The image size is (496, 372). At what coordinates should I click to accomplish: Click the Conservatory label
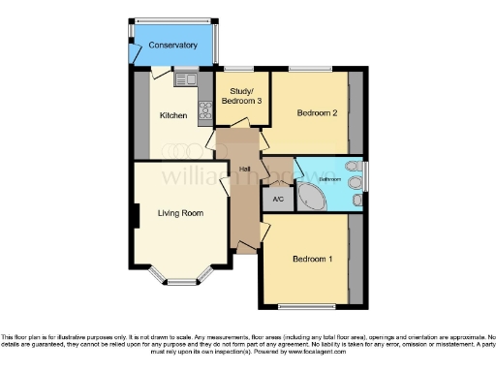tap(173, 46)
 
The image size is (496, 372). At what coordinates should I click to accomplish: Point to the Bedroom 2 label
tap(316, 113)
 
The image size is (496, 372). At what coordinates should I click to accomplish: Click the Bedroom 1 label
tap(311, 259)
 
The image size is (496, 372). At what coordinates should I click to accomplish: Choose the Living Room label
tap(180, 212)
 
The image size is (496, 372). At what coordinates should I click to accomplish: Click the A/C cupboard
tap(277, 200)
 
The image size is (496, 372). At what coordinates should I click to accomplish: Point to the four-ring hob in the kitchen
tap(205, 112)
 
